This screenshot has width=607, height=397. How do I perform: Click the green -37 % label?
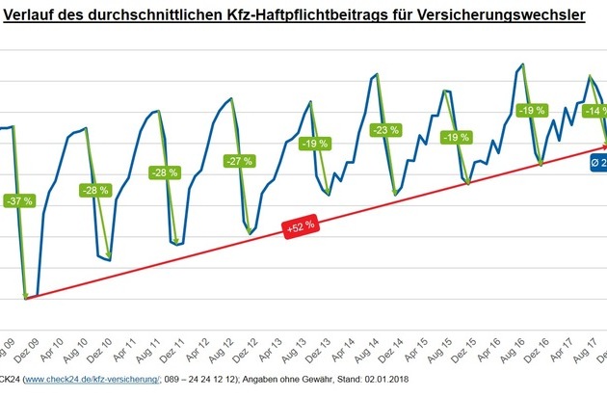coord(18,201)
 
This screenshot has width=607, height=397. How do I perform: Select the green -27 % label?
coord(236,161)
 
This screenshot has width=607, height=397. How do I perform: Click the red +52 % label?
coord(299,227)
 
